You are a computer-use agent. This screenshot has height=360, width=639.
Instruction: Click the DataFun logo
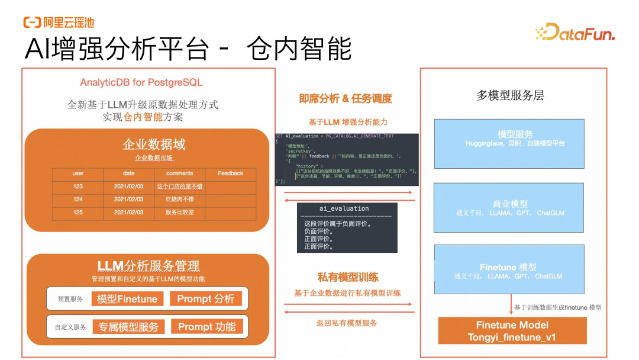pyautogui.click(x=575, y=33)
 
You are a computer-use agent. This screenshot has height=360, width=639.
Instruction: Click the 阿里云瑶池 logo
pyautogui.click(x=59, y=22)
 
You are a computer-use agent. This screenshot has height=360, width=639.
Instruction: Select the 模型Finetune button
pyautogui.click(x=127, y=299)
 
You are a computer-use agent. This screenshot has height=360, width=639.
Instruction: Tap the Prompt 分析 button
pyautogui.click(x=205, y=299)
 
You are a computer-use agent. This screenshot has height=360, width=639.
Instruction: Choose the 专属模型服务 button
pyautogui.click(x=128, y=327)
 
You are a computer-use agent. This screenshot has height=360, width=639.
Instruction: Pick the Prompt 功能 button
pyautogui.click(x=206, y=327)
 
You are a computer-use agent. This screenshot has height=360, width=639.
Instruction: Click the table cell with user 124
pyautogui.click(x=78, y=200)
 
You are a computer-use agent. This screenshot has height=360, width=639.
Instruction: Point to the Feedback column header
pyautogui.click(x=230, y=173)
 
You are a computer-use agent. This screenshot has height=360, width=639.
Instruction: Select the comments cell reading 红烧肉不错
pyautogui.click(x=179, y=200)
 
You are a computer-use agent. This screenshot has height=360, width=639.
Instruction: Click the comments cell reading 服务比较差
pyautogui.click(x=179, y=213)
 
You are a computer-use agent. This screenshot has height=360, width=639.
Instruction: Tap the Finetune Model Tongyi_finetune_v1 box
pyautogui.click(x=512, y=331)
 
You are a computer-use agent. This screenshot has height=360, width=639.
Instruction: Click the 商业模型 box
pyautogui.click(x=509, y=208)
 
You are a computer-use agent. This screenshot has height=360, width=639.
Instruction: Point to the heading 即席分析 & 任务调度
pyautogui.click(x=346, y=99)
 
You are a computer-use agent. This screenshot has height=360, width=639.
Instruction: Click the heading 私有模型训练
pyautogui.click(x=348, y=277)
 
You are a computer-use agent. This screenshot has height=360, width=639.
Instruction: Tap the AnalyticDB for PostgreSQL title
pyautogui.click(x=141, y=83)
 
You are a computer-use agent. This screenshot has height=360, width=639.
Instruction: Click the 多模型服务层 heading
pyautogui.click(x=510, y=95)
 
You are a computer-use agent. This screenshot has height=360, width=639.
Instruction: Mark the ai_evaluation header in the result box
pyautogui.click(x=344, y=208)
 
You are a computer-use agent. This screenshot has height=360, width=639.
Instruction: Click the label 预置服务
pyautogui.click(x=70, y=300)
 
